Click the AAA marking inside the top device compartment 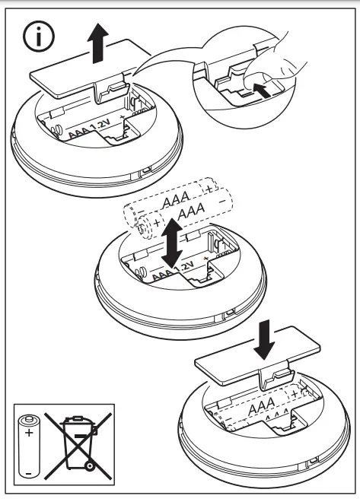77,131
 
